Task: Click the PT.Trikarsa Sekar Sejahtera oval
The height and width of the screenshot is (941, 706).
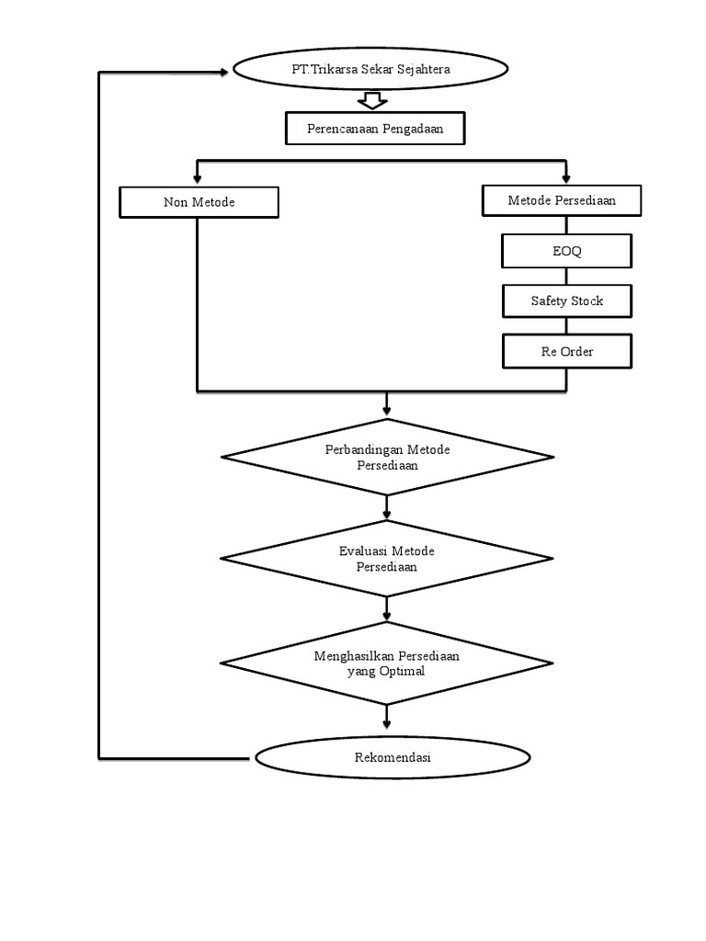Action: point(370,70)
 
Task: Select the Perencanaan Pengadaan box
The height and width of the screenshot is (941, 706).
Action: point(375,129)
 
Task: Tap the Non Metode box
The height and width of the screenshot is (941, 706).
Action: point(199,202)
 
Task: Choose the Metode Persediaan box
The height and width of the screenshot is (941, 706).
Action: point(562,200)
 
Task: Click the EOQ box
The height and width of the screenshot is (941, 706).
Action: point(567,251)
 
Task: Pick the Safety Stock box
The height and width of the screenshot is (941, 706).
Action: point(567,300)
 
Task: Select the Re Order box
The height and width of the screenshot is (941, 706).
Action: point(567,351)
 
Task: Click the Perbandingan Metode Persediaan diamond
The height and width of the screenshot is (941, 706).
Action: point(386,457)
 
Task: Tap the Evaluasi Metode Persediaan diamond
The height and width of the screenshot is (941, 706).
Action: point(386,559)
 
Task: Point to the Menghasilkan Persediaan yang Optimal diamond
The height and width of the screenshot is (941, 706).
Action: point(386,663)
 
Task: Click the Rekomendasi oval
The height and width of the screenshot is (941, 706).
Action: point(393,758)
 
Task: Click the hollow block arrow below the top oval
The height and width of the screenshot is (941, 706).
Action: point(371,100)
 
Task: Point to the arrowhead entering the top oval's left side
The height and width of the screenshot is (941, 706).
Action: point(227,70)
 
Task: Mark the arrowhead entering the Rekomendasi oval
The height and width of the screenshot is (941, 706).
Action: point(386,731)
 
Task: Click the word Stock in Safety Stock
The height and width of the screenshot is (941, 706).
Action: point(586,300)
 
